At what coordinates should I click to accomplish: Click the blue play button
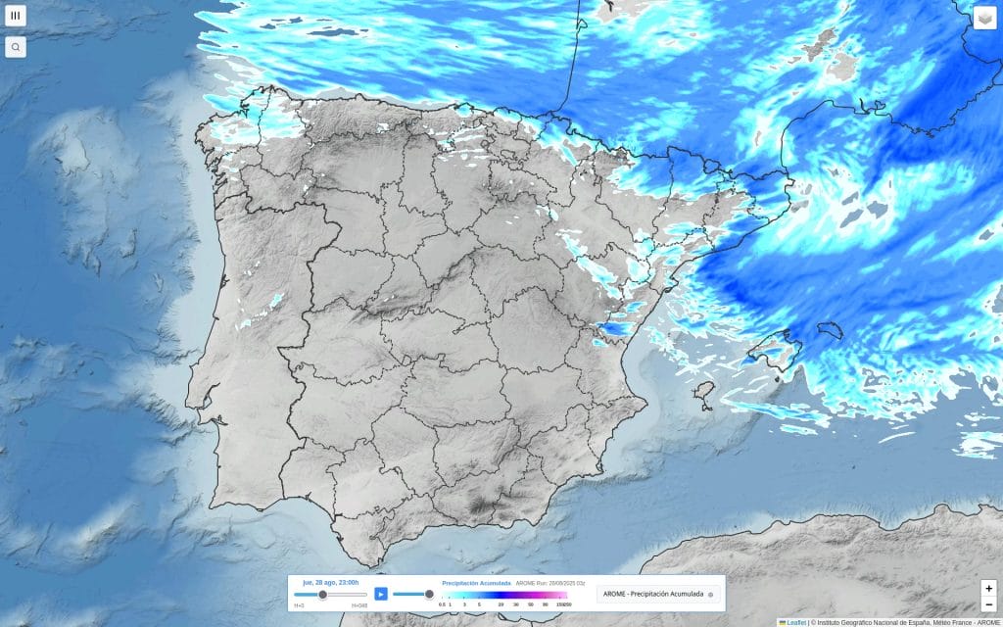point(381,594)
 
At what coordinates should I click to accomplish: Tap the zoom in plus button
point(988,588)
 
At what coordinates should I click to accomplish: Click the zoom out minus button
point(988,604)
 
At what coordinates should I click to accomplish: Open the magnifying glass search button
point(16,47)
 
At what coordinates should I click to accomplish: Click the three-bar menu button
point(16,16)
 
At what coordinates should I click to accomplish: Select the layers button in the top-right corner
point(984,19)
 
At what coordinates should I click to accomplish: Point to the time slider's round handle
point(322,595)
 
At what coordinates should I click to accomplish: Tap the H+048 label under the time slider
point(359,605)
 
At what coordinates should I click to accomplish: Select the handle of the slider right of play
point(428,594)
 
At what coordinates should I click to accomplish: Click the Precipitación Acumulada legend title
point(475,582)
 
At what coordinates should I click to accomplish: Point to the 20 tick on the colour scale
point(501,605)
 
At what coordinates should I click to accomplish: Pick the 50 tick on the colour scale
point(531,605)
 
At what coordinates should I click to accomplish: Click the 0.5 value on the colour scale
point(442,605)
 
